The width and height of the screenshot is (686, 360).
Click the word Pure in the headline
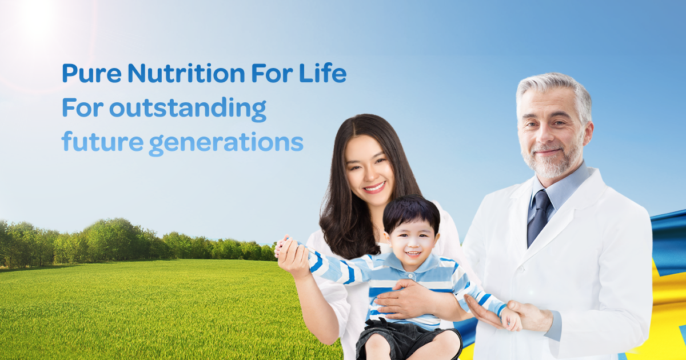(92, 74)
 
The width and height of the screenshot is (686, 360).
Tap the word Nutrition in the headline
(186, 74)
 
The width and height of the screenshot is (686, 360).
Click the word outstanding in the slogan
(188, 109)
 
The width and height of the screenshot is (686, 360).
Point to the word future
(102, 142)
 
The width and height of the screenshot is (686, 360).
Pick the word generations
(226, 143)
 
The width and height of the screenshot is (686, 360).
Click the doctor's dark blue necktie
(539, 217)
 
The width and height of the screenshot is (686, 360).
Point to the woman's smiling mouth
(375, 187)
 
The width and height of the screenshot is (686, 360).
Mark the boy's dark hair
(411, 213)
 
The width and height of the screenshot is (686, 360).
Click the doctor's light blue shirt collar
(562, 190)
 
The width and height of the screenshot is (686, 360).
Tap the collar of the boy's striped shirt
(412, 265)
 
